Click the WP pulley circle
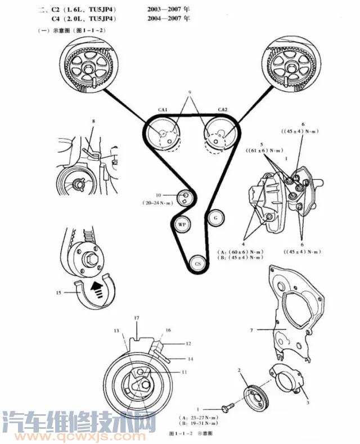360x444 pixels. coord(181,224)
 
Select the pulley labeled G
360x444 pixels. coord(215,218)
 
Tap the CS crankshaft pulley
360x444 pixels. coord(197,262)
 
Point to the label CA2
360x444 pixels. coord(222,110)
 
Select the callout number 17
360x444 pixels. coord(136,318)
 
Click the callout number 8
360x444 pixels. coord(94,121)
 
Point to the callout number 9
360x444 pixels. coord(190,92)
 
